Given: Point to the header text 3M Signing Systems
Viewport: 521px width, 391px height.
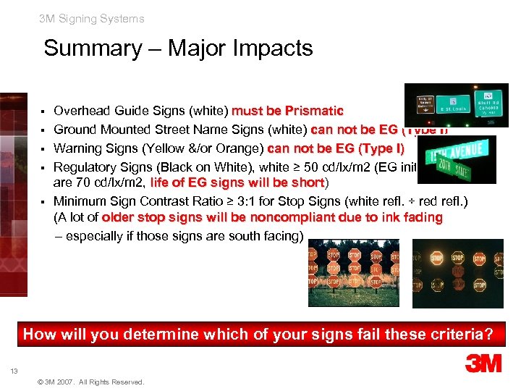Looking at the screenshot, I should (92, 19).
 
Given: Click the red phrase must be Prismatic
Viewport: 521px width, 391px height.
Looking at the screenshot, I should (287, 111).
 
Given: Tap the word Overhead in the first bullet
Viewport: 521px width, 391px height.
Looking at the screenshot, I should (82, 111).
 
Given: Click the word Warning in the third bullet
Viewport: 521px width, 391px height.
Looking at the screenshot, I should (78, 149).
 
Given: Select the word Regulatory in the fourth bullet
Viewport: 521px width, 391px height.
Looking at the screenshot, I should (86, 168).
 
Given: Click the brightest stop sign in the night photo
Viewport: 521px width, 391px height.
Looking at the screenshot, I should (436, 258).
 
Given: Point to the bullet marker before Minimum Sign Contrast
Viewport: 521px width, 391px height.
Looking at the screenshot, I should (45, 201).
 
